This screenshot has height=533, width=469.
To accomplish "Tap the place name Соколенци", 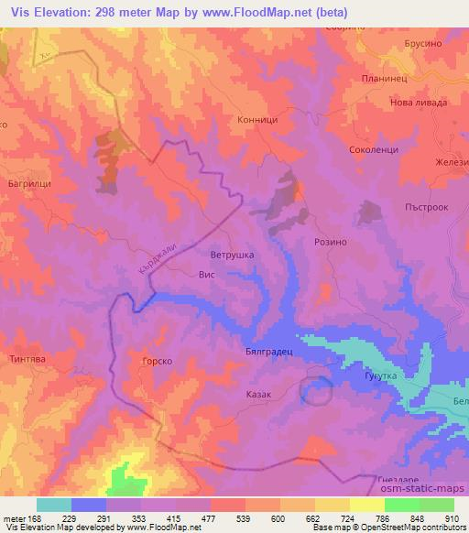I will tap(373, 148).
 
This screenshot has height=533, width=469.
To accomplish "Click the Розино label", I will tap(330, 241).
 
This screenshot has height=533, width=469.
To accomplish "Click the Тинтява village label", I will tap(27, 358).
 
